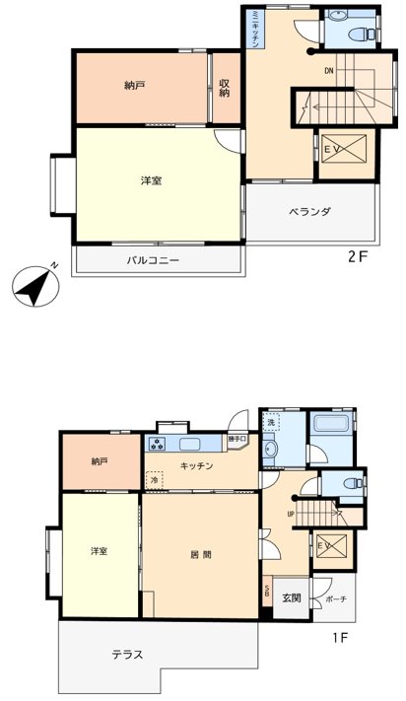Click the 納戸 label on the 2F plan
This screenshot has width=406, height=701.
pyautogui.click(x=135, y=86)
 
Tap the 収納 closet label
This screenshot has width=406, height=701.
pyautogui.click(x=225, y=88)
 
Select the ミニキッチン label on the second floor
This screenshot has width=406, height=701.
pyautogui.click(x=254, y=28)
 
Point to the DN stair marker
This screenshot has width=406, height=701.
pyautogui.click(x=328, y=71)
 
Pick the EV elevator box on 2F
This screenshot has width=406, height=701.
pyautogui.click(x=346, y=149)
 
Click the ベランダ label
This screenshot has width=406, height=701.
pyautogui.click(x=309, y=212)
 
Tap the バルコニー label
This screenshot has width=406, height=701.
pyautogui.click(x=153, y=261)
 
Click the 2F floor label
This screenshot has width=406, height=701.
pyautogui.click(x=356, y=256)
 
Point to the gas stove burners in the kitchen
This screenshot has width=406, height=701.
pyautogui.click(x=160, y=443)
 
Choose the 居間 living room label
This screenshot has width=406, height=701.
pyautogui.click(x=201, y=554)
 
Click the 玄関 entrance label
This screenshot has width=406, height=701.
pyautogui.click(x=291, y=597)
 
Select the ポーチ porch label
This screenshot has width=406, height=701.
pyautogui.click(x=336, y=598)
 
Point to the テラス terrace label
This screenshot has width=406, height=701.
pyautogui.click(x=126, y=654)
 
